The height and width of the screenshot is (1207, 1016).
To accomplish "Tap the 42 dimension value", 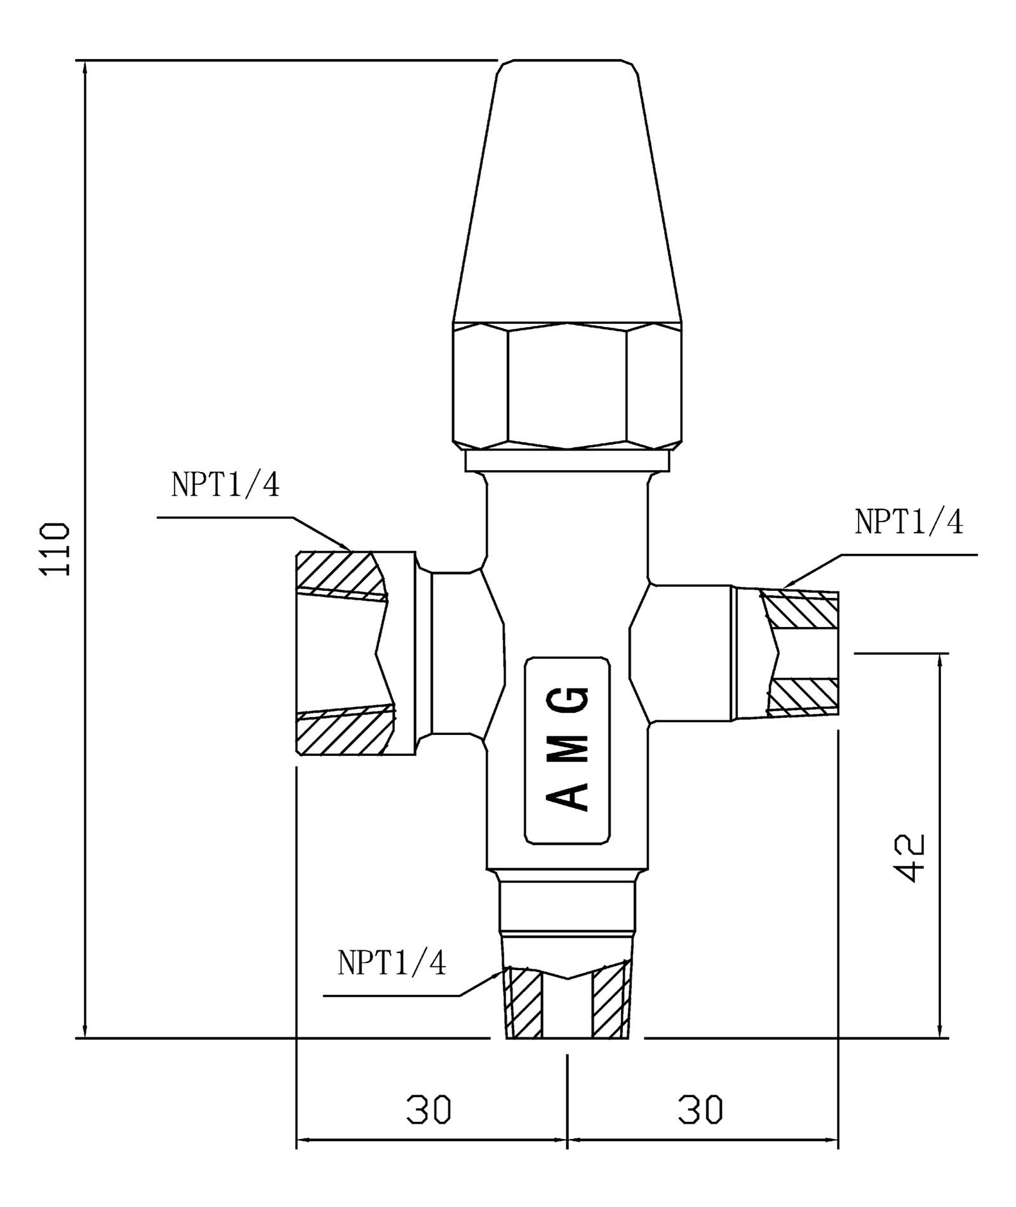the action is click(x=910, y=858).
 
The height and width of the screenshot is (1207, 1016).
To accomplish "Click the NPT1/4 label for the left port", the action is click(x=225, y=485).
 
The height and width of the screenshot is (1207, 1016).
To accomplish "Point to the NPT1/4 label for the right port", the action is click(x=909, y=522).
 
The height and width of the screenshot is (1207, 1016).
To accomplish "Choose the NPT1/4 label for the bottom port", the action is click(x=392, y=962).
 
